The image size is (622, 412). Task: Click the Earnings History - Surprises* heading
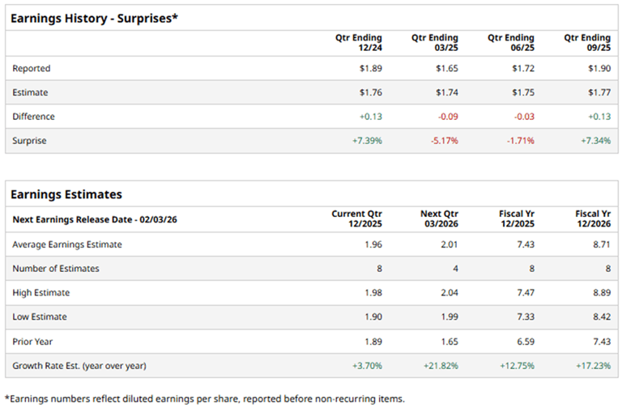[94, 18]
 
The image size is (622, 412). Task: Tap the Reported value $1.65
[446, 69]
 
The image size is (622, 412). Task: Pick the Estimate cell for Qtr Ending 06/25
[522, 93]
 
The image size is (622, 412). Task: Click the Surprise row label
[29, 141]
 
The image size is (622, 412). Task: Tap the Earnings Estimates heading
[66, 194]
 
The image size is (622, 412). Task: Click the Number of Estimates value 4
[454, 269]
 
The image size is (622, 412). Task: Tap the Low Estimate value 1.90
[373, 317]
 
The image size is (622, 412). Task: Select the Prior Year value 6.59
[525, 342]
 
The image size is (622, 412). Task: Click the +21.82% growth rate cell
[441, 366]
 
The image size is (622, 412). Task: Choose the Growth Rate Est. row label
[79, 366]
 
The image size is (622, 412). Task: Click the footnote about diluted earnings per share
[204, 398]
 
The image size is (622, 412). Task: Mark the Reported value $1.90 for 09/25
[599, 69]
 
